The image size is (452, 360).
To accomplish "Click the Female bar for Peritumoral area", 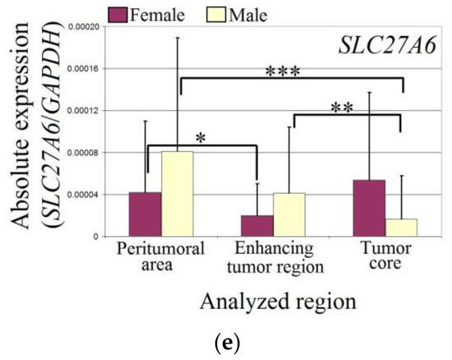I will coord(145,215).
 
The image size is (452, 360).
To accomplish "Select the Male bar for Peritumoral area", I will coord(177,194).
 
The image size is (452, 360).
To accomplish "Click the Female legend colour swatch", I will coord(120,12).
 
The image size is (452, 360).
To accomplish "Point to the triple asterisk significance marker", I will coord(284,72).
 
